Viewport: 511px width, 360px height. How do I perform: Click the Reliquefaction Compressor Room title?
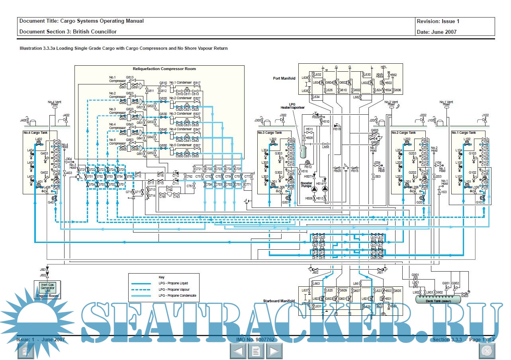coord(164,69)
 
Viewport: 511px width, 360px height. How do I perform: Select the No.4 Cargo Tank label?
coord(33,133)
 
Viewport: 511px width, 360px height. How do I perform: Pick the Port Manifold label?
coord(284,78)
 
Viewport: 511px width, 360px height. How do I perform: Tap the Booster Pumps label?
coord(307,185)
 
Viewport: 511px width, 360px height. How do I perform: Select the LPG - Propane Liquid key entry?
coord(173,284)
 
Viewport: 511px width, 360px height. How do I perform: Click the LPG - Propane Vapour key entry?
coord(174,290)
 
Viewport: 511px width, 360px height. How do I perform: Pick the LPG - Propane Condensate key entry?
coord(177,295)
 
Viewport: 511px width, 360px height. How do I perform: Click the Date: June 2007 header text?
coord(437,32)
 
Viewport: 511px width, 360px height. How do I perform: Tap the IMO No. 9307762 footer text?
coord(255,340)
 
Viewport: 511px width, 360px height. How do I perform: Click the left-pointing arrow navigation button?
coord(238,351)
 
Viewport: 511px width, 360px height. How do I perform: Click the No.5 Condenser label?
coord(180,145)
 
